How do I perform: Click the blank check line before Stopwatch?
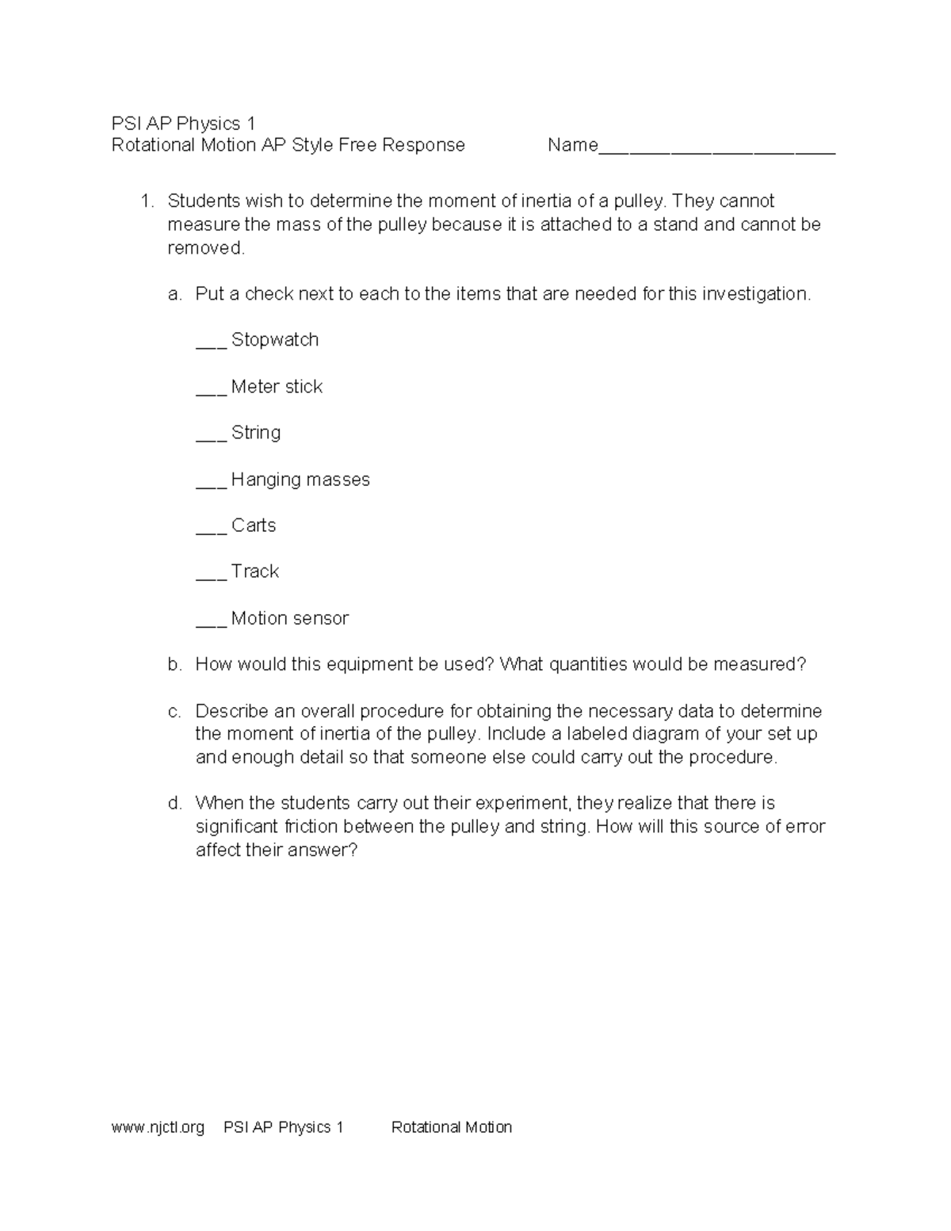(211, 346)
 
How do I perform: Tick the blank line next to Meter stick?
(211, 392)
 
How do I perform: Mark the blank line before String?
(211, 438)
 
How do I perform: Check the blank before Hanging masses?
(211, 485)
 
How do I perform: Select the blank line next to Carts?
(211, 531)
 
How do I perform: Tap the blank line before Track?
(211, 577)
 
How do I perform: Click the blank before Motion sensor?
(211, 624)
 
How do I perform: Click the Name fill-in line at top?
(716, 151)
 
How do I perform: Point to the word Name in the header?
(572, 145)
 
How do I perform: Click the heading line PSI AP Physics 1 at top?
(183, 124)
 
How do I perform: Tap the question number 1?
(146, 201)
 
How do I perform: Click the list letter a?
(174, 294)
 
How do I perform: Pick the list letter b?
(174, 664)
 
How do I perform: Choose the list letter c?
(174, 711)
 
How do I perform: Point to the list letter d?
(174, 804)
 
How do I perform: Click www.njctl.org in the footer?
(158, 1127)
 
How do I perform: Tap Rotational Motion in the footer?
(451, 1127)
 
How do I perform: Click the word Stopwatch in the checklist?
(275, 340)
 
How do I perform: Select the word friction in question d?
(311, 827)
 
